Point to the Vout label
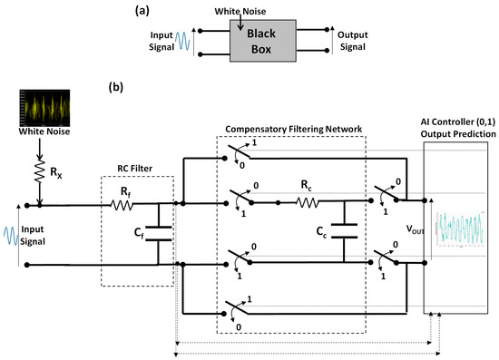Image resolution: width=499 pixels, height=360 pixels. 409,229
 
